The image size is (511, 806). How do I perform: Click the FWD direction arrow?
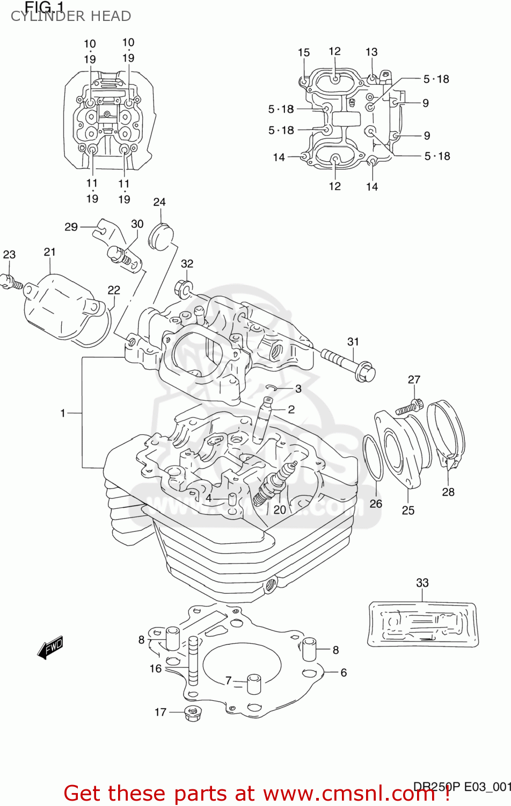50,647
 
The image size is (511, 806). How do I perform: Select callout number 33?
422,582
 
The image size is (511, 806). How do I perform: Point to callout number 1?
63,413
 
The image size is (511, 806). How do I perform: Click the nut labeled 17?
192,713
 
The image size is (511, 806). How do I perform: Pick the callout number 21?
49,251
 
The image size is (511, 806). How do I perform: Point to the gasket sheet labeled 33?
422,623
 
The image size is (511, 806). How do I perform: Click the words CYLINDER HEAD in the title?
71,16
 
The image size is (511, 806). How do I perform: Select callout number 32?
187,264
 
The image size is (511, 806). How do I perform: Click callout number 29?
71,227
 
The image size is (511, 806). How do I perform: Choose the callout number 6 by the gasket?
344,672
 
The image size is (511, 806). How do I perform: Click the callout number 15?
304,52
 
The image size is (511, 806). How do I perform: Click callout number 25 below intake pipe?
408,510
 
